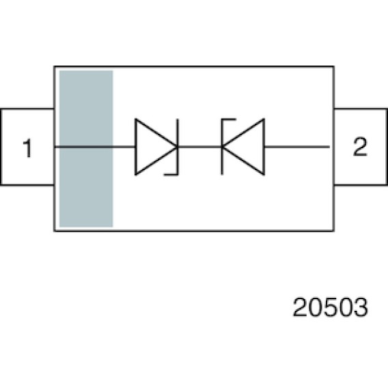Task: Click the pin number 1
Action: (x=28, y=148)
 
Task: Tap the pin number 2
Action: (x=360, y=146)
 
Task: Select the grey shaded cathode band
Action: (x=86, y=149)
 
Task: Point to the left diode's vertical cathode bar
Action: (x=178, y=147)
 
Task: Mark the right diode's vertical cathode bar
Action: (x=222, y=147)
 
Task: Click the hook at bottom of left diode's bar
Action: (x=171, y=174)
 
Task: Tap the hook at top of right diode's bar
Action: (x=229, y=120)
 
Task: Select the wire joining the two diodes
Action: (x=200, y=147)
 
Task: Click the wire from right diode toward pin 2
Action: (x=297, y=147)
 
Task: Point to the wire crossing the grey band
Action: (x=86, y=147)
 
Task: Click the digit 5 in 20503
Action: (x=331, y=307)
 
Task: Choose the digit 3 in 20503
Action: (x=361, y=307)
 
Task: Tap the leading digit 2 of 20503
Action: (x=300, y=307)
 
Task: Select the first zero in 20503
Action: (x=316, y=307)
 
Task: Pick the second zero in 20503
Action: (x=346, y=307)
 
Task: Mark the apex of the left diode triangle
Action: (x=178, y=147)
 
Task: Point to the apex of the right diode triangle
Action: (x=222, y=147)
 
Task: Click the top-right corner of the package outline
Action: (x=334, y=66)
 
